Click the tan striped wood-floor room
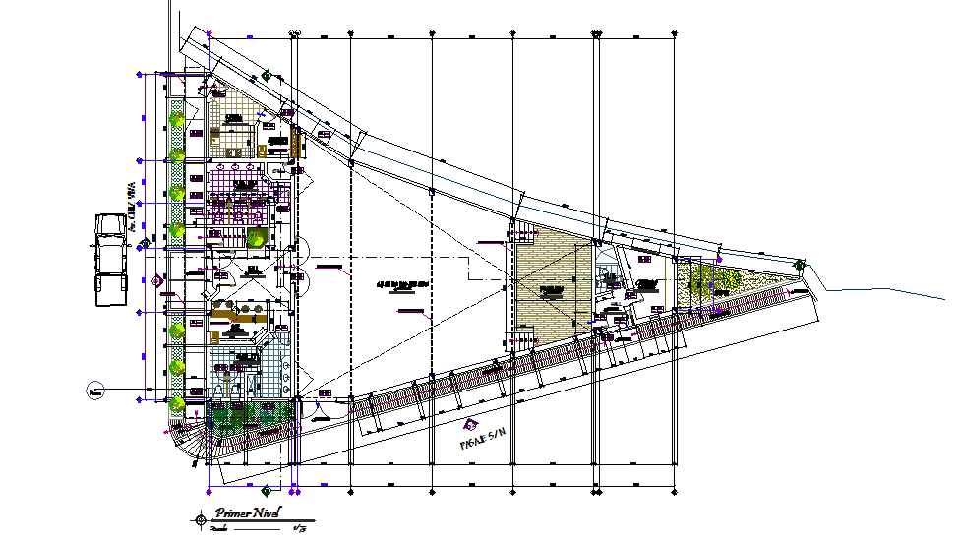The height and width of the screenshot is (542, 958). coord(552,289)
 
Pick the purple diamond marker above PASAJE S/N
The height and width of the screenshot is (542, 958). coord(471,425)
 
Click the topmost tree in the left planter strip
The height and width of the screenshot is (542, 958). coord(177,119)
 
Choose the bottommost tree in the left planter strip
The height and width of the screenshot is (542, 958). coord(177,403)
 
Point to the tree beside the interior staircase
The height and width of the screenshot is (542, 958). coord(256,236)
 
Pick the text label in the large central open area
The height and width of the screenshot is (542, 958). coord(402,285)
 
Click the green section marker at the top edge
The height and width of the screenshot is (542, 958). coord(267,74)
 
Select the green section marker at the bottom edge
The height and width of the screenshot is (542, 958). coord(267,489)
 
